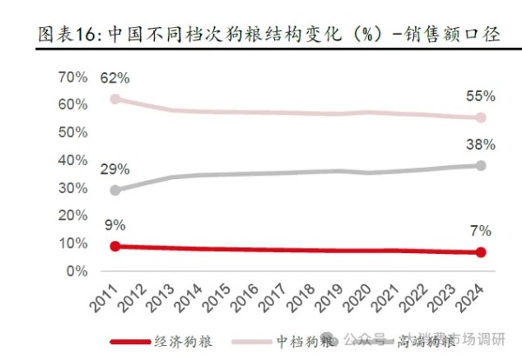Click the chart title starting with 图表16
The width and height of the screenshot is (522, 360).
pos(261,33)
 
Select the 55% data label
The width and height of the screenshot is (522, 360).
pos(480,96)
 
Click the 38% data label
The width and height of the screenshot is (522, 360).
pos(480,144)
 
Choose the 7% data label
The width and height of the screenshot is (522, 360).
pos(480,231)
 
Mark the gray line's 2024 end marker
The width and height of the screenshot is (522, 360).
pos(480,165)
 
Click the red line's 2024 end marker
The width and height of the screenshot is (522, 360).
pos(480,252)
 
